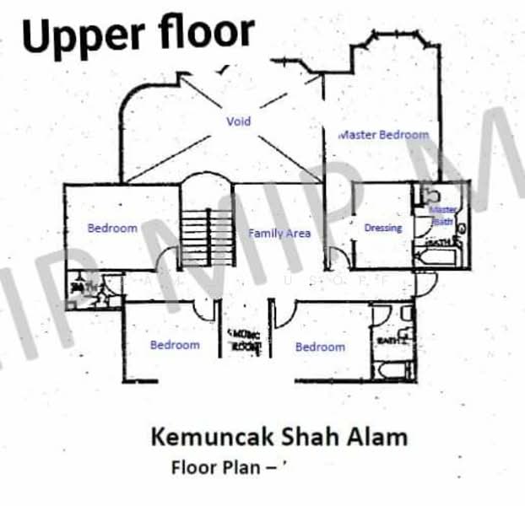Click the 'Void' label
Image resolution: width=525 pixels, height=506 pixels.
[x=239, y=121]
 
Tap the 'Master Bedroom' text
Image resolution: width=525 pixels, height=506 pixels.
[x=384, y=134]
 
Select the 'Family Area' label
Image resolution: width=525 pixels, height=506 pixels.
[x=279, y=233]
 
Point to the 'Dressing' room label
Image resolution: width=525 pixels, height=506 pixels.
[x=383, y=228]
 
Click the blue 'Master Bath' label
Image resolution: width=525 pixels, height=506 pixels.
[x=442, y=215]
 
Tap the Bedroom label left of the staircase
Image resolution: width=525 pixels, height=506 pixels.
[x=112, y=228]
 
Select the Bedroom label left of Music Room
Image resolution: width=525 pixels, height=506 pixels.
[x=175, y=344]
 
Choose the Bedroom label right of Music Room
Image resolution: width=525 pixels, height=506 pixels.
[x=320, y=347]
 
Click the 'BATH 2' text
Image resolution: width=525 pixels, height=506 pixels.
[x=387, y=342]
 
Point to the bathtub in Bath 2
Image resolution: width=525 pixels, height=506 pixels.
[x=392, y=370]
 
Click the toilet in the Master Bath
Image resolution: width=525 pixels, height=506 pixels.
[x=425, y=195]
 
